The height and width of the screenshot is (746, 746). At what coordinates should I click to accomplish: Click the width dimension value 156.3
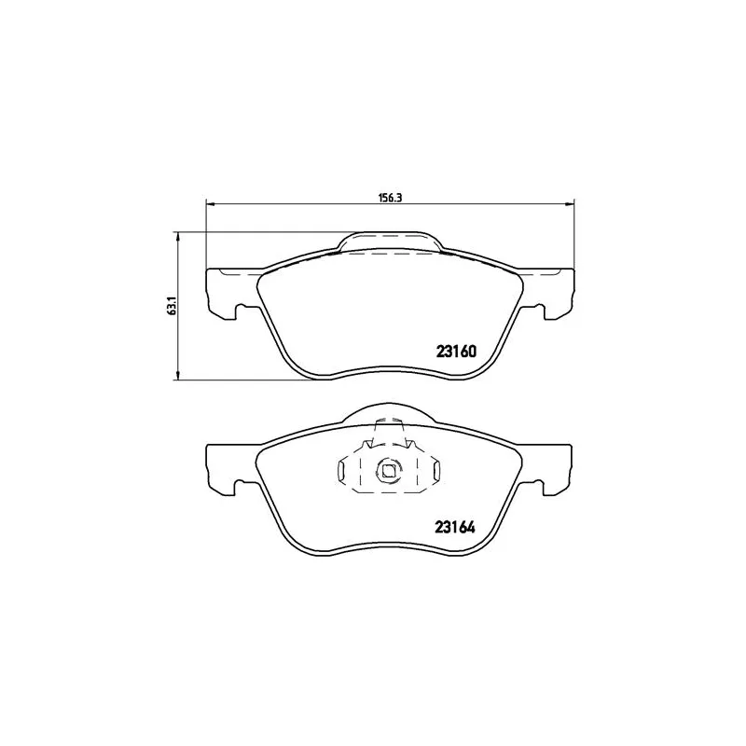click(x=390, y=197)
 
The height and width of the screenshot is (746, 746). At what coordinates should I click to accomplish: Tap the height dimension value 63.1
click(x=172, y=306)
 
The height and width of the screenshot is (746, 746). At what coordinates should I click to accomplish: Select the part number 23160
click(x=456, y=352)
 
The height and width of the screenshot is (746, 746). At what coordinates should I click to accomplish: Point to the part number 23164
click(x=456, y=525)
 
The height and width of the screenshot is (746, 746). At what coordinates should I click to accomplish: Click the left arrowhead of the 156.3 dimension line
click(x=208, y=203)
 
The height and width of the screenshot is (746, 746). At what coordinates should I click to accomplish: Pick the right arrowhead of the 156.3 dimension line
click(x=573, y=203)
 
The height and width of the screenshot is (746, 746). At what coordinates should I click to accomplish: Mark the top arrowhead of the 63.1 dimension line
click(x=177, y=236)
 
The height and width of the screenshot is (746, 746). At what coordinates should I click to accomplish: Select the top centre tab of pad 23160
click(x=390, y=242)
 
